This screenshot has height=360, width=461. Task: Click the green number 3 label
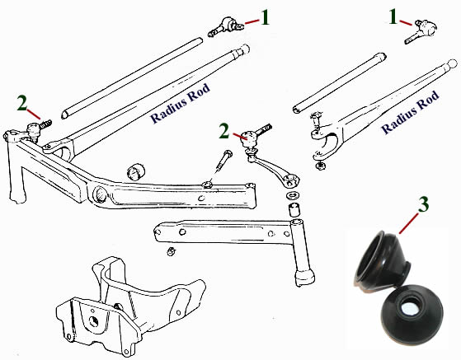(x=423, y=204)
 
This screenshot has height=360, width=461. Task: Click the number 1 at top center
(x=265, y=17)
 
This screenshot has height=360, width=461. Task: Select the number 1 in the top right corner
(x=393, y=16)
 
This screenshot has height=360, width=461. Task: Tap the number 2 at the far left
(x=22, y=103)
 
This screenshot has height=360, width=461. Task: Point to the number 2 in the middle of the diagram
(x=224, y=131)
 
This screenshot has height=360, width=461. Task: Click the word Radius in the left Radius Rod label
(x=168, y=108)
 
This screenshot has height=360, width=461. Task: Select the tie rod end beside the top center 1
(x=225, y=26)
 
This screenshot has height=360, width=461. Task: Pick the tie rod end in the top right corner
(x=421, y=31)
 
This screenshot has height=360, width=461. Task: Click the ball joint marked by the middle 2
(x=253, y=137)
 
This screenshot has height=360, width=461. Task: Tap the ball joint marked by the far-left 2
(x=38, y=129)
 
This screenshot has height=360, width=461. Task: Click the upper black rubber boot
(x=381, y=259)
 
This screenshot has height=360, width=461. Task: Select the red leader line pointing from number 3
(x=408, y=224)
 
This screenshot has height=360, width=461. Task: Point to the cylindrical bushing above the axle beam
(x=136, y=171)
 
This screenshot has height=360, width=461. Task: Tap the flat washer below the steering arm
(x=291, y=195)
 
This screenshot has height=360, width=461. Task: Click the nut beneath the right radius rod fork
(x=319, y=166)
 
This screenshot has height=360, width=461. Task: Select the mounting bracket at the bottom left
(x=131, y=306)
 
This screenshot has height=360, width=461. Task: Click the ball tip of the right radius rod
(x=452, y=63)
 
